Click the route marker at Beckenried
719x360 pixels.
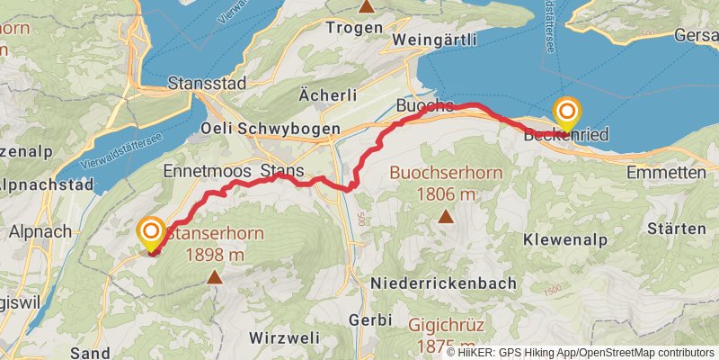[567, 113]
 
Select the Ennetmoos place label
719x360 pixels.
[206, 170]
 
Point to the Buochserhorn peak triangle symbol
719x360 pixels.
[446, 215]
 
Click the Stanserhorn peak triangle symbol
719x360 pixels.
[214, 277]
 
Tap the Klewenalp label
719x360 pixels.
[564, 240]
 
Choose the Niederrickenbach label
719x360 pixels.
[444, 283]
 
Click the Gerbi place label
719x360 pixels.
[369, 319]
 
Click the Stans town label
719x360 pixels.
[281, 170]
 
